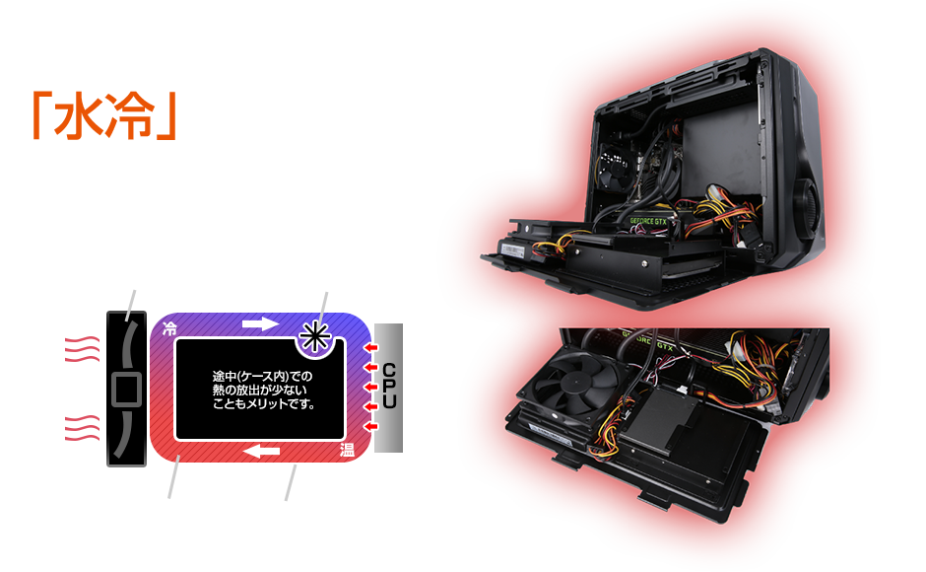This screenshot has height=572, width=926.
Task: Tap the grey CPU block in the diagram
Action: [x=389, y=387]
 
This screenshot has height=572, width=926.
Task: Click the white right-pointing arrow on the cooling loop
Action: [x=261, y=322]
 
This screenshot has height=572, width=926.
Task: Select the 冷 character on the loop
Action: [x=169, y=329]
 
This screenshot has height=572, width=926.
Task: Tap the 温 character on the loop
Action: [x=348, y=450]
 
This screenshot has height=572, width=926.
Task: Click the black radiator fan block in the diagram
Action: [x=125, y=387]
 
